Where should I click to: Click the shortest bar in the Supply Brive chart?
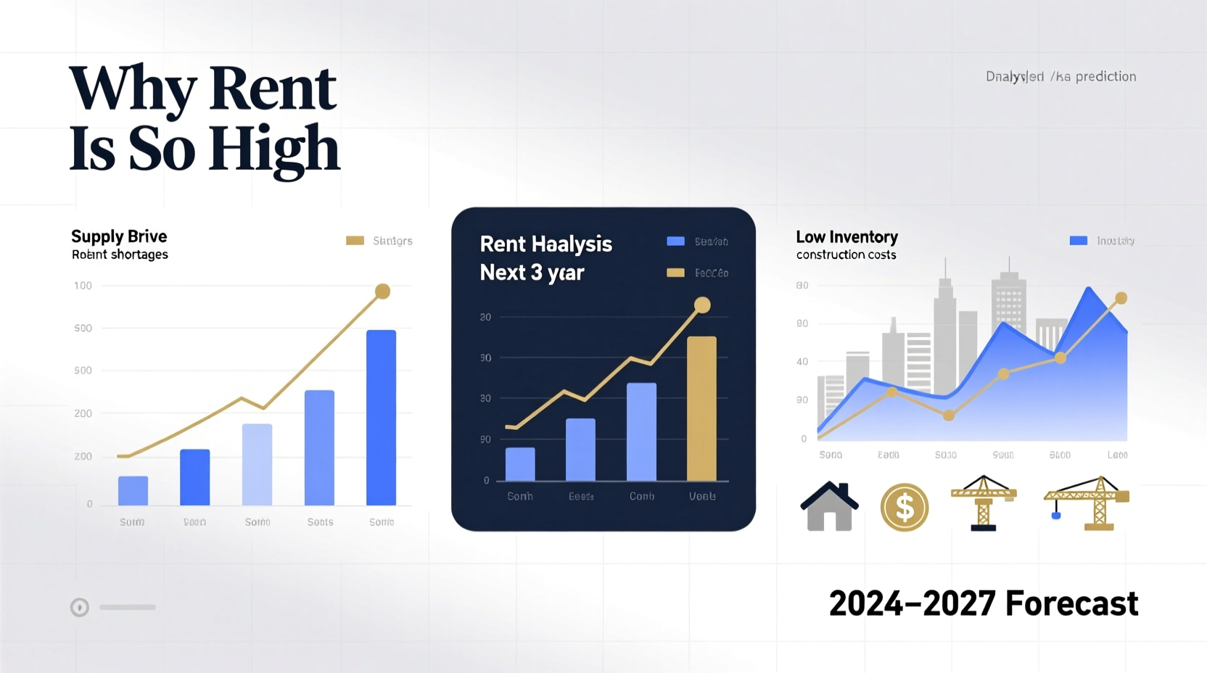[x=133, y=491]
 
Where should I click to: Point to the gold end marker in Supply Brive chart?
[x=382, y=292]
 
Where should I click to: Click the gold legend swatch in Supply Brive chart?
[x=355, y=241]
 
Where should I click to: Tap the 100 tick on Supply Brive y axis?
[x=83, y=286]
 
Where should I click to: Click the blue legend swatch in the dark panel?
[x=675, y=241]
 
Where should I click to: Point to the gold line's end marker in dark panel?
[x=701, y=305]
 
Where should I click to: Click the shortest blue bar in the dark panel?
[x=520, y=464]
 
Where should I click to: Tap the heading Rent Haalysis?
[x=545, y=244]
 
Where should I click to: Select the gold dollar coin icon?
[x=904, y=507]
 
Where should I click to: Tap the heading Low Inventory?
[x=846, y=237]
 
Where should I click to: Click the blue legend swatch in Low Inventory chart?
[x=1078, y=241]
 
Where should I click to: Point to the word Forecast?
[x=1071, y=603]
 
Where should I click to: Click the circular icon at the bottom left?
[x=80, y=607]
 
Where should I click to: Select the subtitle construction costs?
[x=846, y=255]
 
